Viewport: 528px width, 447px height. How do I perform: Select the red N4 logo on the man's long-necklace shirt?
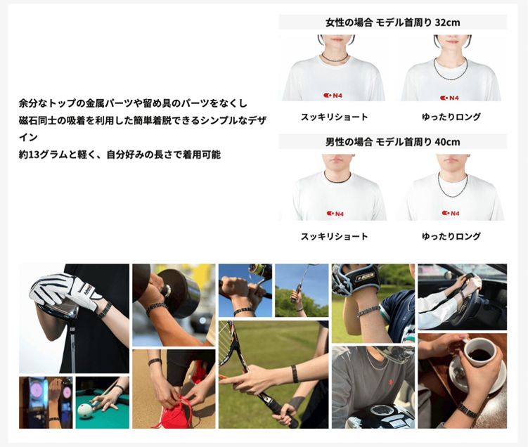(451, 213)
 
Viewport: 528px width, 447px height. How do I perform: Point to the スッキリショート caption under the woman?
(334, 117)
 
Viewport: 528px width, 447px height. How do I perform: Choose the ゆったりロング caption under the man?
(451, 237)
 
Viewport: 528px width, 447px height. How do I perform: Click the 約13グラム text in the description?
(43, 154)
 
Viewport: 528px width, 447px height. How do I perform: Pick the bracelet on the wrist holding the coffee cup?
(465, 409)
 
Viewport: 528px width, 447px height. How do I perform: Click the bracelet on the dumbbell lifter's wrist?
(156, 307)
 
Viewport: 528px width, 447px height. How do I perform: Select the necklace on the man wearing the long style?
(451, 186)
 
